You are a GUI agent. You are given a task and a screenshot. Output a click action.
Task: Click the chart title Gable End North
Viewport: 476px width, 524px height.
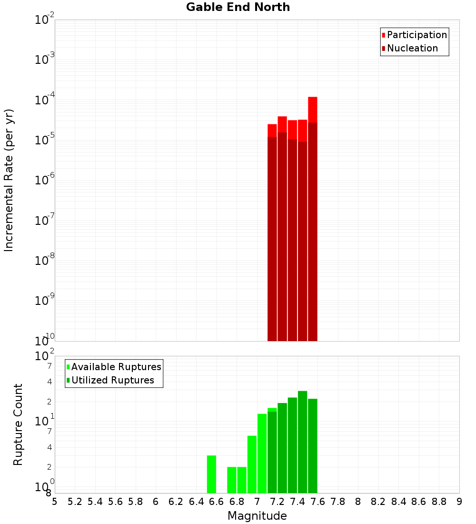(x=238, y=7)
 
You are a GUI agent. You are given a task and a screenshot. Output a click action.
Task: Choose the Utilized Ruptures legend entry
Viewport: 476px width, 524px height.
(x=112, y=380)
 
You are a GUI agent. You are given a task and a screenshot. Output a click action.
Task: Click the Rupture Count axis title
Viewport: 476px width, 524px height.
(x=18, y=424)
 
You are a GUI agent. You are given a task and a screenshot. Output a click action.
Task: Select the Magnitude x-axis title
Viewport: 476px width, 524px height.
(x=257, y=516)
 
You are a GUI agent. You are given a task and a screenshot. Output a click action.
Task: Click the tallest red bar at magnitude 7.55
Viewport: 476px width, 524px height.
(x=312, y=110)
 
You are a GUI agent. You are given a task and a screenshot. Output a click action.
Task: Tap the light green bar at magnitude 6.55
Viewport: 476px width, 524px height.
(x=211, y=474)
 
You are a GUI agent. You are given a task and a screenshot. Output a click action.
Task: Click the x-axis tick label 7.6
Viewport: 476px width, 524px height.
(x=317, y=502)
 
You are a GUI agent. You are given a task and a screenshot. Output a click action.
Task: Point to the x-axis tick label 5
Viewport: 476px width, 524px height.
(x=55, y=502)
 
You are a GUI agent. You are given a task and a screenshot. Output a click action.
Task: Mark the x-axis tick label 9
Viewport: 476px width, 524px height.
(x=459, y=502)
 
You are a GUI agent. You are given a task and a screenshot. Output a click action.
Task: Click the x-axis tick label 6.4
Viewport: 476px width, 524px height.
(x=196, y=502)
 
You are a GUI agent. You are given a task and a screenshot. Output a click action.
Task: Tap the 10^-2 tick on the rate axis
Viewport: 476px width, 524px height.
(x=45, y=20)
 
